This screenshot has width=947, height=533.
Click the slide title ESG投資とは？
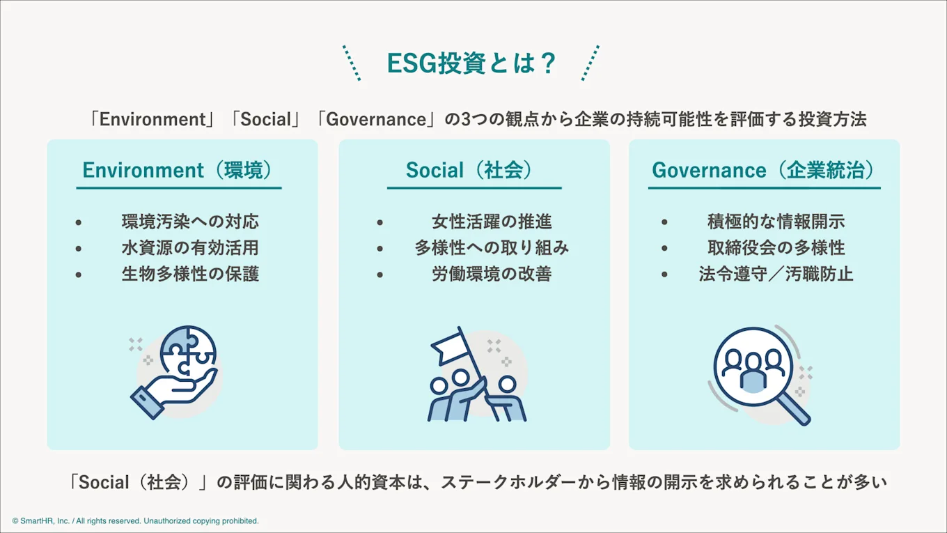coord(471,63)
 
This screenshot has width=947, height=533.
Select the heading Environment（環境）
coord(178,170)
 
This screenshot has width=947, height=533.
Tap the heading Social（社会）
coord(470,170)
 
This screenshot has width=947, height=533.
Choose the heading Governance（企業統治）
coord(763,170)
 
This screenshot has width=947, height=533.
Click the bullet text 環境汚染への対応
coord(190,222)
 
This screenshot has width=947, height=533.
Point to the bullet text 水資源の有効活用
coord(190,248)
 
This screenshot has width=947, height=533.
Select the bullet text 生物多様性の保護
coord(190,274)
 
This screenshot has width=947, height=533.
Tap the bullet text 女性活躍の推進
coord(492,222)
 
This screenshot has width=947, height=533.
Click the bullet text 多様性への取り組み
coord(492,248)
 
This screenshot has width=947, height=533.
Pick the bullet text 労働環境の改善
coord(492,274)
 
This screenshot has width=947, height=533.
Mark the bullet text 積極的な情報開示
coord(776,222)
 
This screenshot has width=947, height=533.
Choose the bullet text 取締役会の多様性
coord(776,248)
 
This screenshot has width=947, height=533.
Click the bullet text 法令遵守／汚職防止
coord(776,274)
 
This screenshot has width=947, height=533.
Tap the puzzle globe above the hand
coord(188,350)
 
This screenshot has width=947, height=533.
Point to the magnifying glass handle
coord(793,408)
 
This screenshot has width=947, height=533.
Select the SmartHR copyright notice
coord(135,521)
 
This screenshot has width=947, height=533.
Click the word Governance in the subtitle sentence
coord(376,119)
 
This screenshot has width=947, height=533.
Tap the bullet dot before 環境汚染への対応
coord(79,222)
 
